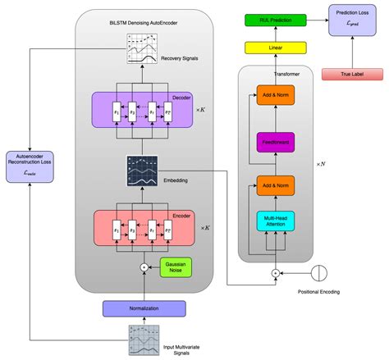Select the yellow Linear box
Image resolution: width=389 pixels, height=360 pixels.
click(276, 48)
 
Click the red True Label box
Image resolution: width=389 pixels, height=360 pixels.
click(353, 75)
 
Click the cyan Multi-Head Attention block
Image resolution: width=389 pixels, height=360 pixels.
click(276, 219)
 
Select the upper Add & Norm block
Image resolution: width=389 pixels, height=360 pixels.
click(276, 96)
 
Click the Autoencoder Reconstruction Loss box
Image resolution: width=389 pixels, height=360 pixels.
click(29, 164)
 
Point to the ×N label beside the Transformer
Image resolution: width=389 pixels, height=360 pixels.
click(322, 164)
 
